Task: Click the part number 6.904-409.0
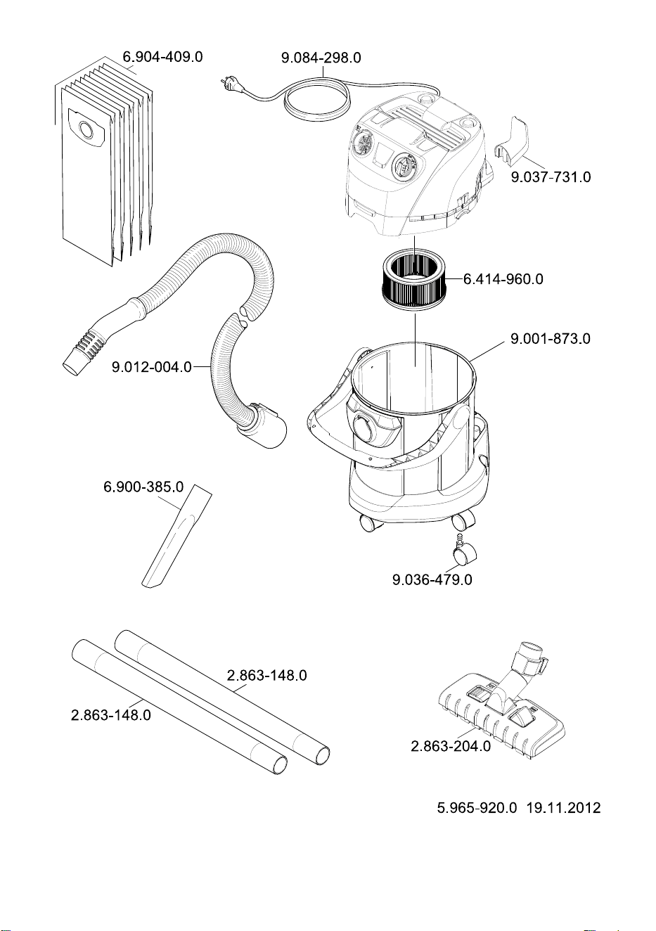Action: point(162,56)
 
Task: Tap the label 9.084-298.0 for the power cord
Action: point(321,58)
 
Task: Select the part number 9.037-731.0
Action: point(551,177)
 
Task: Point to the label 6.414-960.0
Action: point(503,279)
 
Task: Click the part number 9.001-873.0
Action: point(551,339)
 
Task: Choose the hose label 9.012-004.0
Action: point(152,367)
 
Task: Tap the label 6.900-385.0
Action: point(143,487)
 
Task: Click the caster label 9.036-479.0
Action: point(432,579)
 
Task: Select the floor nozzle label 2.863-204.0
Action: point(451,746)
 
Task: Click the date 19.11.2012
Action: point(563,807)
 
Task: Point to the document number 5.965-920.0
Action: point(477,807)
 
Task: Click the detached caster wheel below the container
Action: point(463,551)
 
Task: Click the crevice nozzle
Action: point(176,536)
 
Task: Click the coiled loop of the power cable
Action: point(317,97)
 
